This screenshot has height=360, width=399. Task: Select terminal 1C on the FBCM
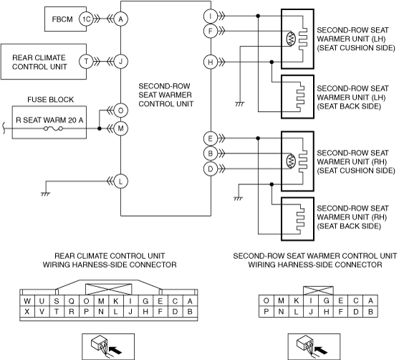tap(86, 19)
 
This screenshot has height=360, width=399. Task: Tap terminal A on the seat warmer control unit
tap(120, 19)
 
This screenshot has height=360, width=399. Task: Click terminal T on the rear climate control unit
tap(86, 62)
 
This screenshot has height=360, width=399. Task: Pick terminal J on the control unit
tap(120, 62)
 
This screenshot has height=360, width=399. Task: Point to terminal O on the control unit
tap(120, 110)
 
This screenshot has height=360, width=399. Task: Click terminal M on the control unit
tap(120, 128)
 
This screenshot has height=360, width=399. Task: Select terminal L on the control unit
tap(120, 181)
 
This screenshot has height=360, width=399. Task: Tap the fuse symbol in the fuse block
tap(53, 128)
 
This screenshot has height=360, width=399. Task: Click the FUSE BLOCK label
tap(50, 100)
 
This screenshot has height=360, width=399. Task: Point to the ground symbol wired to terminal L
tap(45, 194)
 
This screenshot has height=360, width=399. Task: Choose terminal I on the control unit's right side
tap(211, 16)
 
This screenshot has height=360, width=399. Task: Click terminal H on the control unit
tap(211, 62)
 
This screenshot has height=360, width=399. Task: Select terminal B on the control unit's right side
tap(211, 153)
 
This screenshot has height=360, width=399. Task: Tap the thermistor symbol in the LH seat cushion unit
tap(291, 39)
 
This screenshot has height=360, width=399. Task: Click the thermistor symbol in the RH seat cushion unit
tap(291, 161)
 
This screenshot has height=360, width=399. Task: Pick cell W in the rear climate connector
tap(27, 301)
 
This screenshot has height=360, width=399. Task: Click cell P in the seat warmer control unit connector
tap(266, 311)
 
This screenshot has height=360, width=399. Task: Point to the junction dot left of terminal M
tap(100, 128)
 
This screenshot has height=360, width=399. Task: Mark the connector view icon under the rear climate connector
tap(108, 346)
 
